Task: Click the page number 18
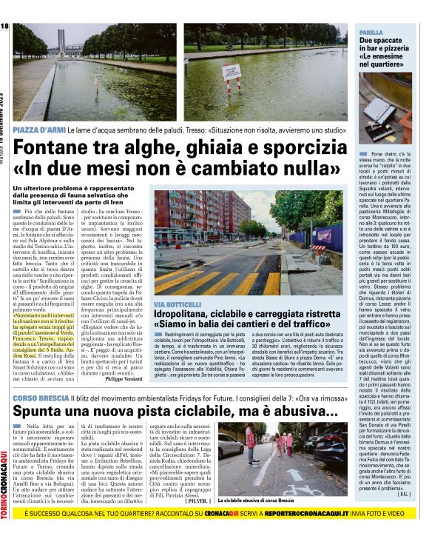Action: coord(4,26)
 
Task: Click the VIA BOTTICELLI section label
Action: coord(176,304)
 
